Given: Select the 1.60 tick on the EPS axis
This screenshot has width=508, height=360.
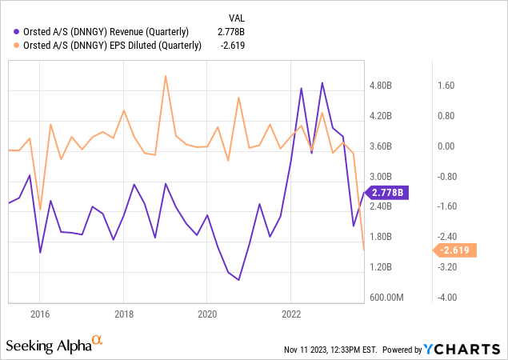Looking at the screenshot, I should [x=446, y=86].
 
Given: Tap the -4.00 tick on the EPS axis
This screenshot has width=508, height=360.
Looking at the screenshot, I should [x=446, y=298].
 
